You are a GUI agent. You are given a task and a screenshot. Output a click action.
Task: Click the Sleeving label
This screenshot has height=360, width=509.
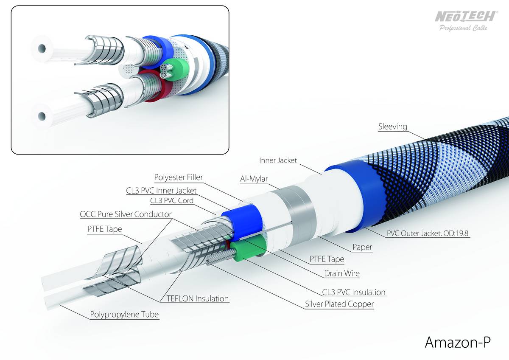392,127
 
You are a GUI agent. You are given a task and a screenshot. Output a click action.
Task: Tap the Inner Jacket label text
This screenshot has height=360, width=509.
278,160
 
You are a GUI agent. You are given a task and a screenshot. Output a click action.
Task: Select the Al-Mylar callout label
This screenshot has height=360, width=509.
254,179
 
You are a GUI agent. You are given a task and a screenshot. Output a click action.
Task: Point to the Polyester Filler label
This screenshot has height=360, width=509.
179,177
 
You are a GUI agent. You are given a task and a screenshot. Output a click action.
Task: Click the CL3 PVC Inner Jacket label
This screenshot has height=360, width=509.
161,191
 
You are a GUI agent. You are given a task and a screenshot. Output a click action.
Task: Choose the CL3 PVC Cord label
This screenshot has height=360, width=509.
171,200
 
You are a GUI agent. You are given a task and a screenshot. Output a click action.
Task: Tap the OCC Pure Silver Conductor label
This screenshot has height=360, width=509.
126,214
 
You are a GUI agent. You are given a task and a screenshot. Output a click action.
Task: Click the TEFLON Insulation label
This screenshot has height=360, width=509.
198,298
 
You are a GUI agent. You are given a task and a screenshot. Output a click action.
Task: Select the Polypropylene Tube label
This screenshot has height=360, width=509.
124,315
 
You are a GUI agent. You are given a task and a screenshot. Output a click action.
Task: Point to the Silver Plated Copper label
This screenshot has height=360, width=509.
339,304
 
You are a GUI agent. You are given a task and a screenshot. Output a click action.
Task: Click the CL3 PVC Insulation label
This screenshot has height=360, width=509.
354,292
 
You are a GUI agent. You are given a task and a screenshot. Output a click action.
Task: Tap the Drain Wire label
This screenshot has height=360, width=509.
342,273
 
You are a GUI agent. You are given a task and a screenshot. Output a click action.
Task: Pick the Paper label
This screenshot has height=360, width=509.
362,247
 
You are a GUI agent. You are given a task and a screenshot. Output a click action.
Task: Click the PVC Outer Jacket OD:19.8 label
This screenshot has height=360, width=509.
428,233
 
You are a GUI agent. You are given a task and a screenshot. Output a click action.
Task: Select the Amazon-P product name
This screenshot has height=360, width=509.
458,342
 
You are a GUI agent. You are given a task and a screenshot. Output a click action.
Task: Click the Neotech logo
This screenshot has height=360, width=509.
465,21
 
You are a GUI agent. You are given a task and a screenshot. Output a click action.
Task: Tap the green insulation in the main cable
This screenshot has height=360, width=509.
249,248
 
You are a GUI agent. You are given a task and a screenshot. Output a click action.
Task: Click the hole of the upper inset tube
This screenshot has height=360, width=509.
42,48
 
